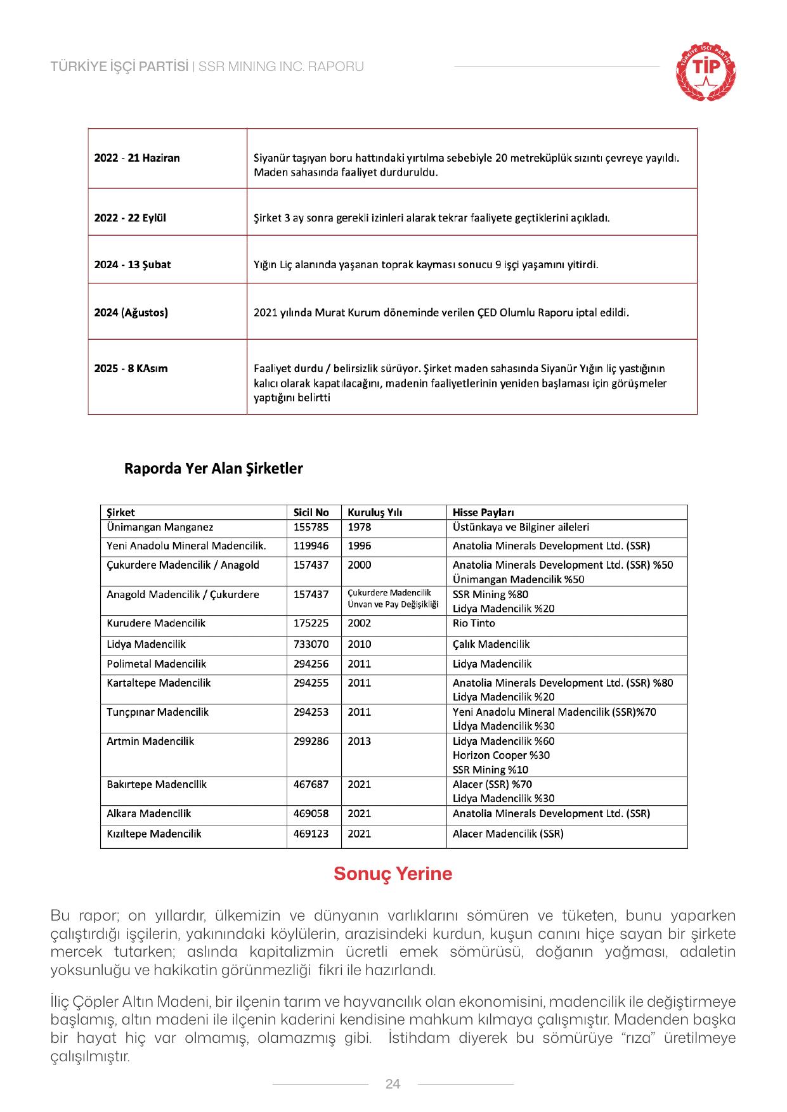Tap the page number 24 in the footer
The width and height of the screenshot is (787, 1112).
click(393, 1083)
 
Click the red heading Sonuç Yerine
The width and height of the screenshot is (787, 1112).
click(393, 874)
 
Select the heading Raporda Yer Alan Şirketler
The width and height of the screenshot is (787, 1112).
click(213, 469)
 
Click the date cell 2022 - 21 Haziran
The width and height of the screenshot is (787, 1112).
click(137, 158)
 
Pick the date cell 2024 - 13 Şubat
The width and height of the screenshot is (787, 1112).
click(133, 264)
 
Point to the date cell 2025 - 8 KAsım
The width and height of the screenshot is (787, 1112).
click(131, 368)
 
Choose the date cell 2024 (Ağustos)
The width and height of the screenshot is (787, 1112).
click(131, 313)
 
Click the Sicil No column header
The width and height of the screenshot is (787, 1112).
click(311, 512)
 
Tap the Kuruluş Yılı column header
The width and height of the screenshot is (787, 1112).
click(375, 512)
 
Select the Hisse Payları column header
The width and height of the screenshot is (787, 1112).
click(483, 512)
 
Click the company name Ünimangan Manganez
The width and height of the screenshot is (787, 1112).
click(160, 527)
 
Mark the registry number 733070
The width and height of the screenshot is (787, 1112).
click(311, 644)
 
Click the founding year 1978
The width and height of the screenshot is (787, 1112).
click(360, 527)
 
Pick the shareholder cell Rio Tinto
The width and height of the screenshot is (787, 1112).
click(474, 623)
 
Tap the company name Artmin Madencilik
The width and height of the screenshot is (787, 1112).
click(150, 741)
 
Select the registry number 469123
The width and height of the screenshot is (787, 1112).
click(311, 834)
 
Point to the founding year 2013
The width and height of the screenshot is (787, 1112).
click(360, 741)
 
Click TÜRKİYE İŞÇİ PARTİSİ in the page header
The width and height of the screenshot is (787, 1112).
click(119, 67)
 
